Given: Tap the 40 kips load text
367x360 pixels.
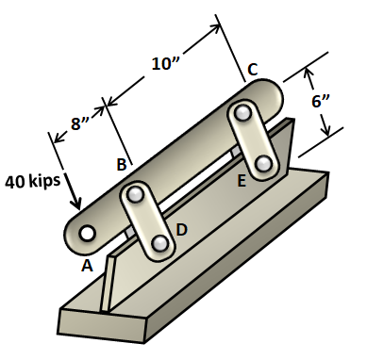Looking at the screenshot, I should (33, 178).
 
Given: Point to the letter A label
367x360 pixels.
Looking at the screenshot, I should (87, 266).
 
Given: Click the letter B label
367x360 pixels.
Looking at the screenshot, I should (121, 165).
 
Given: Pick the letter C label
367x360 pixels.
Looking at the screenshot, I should (252, 69).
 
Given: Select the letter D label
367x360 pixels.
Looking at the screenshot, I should (181, 229).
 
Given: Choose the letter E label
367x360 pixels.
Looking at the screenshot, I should (242, 180).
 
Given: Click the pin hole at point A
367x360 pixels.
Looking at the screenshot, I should (87, 233).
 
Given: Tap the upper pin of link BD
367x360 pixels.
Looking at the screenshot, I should (138, 195).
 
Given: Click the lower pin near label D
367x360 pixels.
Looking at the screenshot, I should (160, 244).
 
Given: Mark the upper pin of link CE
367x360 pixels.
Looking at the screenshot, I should (245, 114).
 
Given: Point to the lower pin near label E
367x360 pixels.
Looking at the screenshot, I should (265, 164).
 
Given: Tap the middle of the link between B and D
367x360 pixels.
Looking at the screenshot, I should (149, 220).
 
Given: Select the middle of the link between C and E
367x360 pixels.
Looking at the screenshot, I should (255, 139).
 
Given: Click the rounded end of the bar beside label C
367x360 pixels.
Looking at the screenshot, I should (275, 93).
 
